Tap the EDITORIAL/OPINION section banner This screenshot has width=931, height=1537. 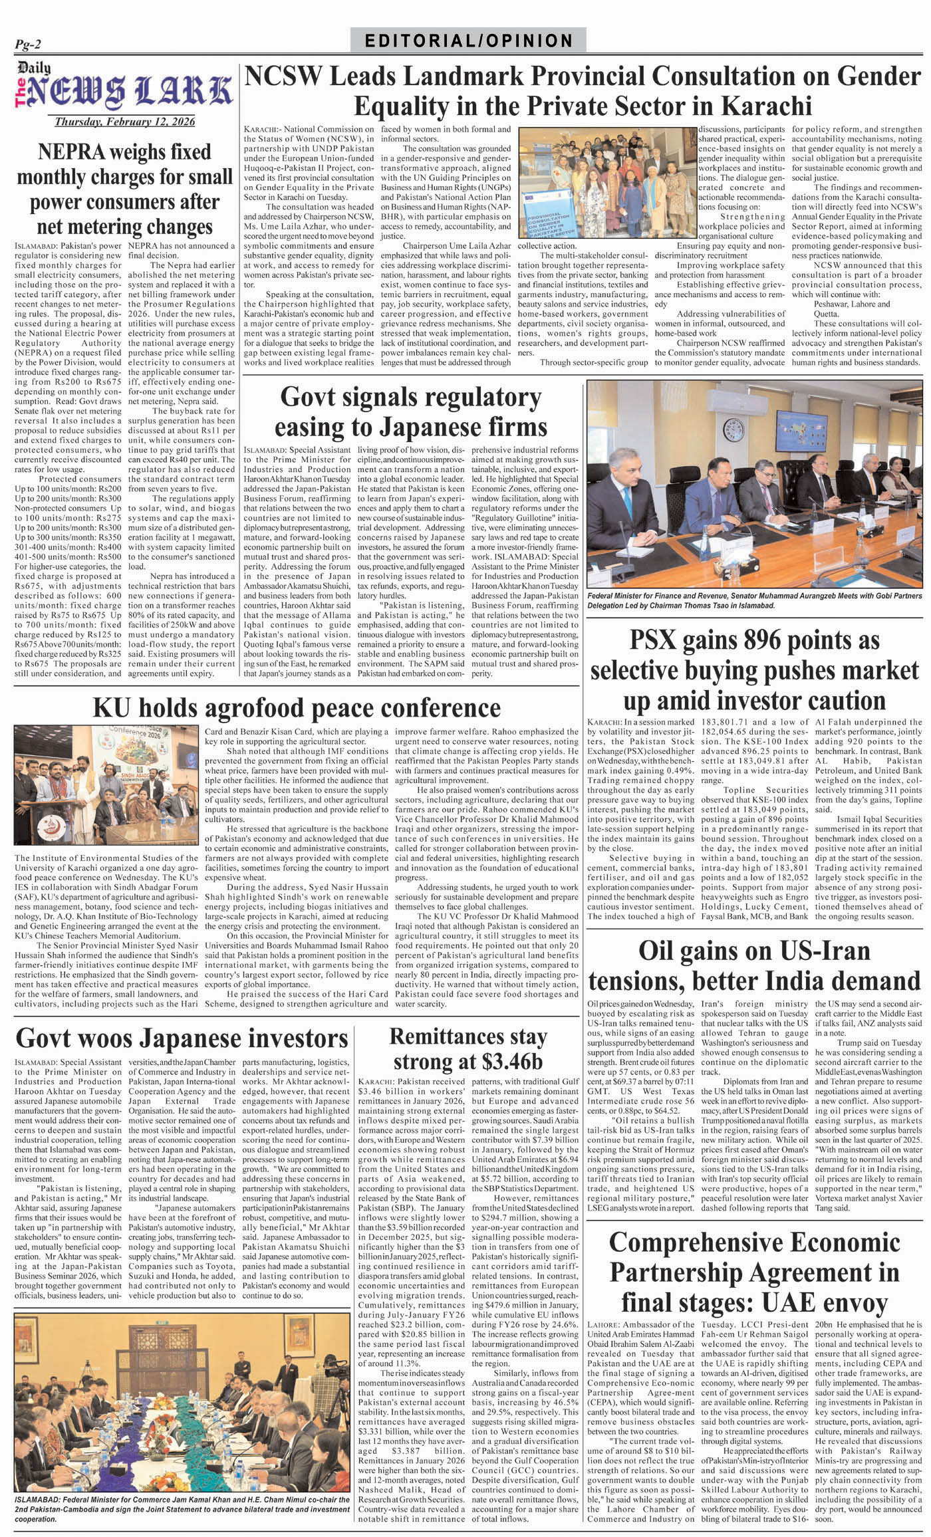point(469,41)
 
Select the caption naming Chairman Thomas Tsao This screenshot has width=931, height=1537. point(753,602)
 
